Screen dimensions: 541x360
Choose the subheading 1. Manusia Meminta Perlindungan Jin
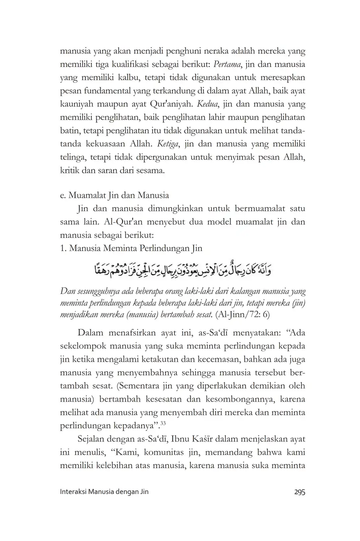(131, 248)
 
